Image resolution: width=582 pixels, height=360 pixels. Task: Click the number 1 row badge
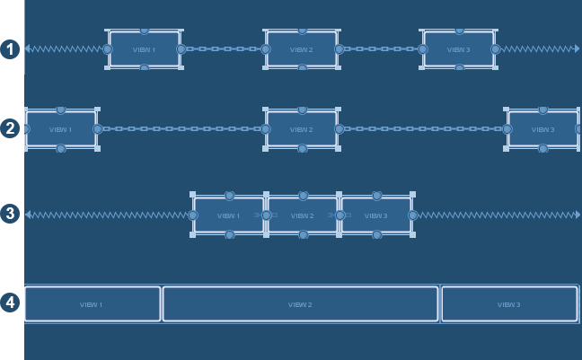click(10, 48)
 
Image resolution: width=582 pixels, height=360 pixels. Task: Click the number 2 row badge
click(10, 128)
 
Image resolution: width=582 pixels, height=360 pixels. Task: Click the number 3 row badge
click(10, 214)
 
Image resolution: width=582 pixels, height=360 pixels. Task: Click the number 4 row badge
click(10, 303)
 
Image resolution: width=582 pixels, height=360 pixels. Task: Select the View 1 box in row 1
click(144, 49)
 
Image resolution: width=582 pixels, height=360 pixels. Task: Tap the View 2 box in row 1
click(302, 49)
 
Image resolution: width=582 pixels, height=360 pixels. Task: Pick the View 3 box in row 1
click(458, 49)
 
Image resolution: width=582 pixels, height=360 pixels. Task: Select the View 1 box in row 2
click(61, 129)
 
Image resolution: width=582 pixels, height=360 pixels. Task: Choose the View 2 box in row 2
click(302, 129)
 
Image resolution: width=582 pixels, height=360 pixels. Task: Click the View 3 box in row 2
click(542, 129)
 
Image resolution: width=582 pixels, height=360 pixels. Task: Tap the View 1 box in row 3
click(229, 215)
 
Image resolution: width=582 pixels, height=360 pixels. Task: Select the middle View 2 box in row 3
click(303, 215)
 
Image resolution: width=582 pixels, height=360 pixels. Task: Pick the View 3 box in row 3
click(376, 215)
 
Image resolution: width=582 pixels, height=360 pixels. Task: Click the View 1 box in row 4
click(92, 304)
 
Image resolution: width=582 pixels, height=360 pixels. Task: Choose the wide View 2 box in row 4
click(300, 304)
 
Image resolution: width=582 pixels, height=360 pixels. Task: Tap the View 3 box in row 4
click(509, 304)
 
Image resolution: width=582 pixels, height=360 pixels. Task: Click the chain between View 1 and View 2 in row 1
click(223, 49)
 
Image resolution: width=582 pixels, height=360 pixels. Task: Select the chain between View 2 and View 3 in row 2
click(423, 129)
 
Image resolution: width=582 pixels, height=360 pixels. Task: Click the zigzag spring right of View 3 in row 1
click(537, 49)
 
